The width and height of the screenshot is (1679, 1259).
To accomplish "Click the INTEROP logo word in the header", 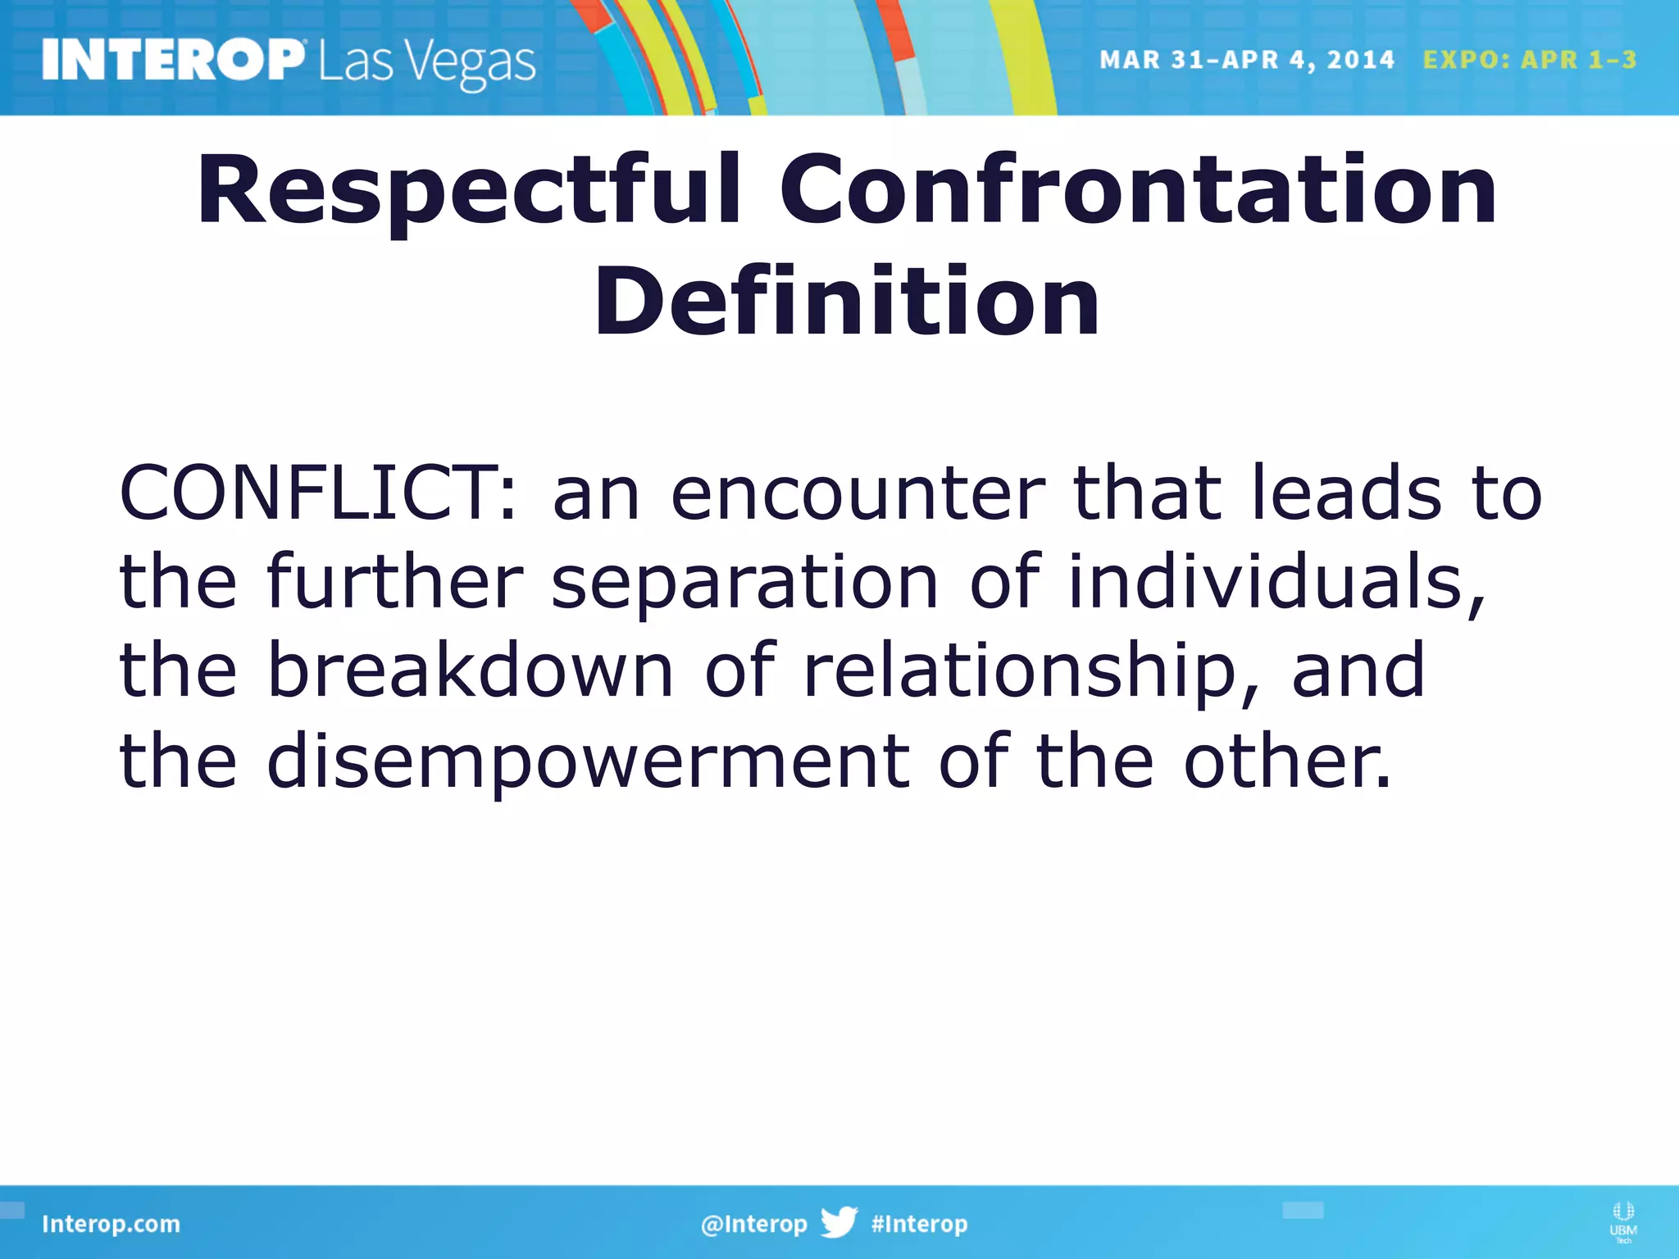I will click(172, 61).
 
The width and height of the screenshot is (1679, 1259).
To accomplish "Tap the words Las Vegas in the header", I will click(426, 62).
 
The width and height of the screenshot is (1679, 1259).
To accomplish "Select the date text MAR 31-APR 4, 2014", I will click(1246, 60).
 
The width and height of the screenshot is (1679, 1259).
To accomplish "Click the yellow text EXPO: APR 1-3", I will click(1530, 60).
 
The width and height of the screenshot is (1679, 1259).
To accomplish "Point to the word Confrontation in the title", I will click(1138, 190).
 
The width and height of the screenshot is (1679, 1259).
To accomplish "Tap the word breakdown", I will click(471, 670).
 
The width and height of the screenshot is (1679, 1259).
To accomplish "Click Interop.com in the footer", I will click(111, 1224).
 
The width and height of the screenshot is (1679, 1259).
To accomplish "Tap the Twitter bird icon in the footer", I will click(839, 1222).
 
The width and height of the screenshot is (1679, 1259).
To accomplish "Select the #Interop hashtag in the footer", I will click(919, 1224).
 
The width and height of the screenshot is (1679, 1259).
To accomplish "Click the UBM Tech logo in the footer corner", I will click(1622, 1221).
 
